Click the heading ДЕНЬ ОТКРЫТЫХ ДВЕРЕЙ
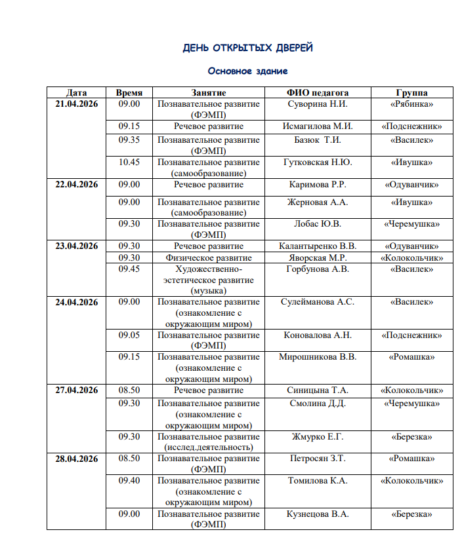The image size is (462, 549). [247, 48]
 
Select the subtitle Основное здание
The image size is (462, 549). [247, 71]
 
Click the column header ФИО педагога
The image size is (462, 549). [318, 93]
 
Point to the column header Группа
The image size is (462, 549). [411, 93]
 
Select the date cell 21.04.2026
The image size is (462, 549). [76, 104]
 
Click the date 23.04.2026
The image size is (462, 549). [76, 246]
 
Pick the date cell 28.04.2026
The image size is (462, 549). [76, 459]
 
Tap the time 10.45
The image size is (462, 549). [129, 162]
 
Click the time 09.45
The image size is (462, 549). [129, 269]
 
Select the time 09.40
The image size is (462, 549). [129, 481]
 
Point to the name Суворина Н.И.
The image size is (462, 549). [318, 104]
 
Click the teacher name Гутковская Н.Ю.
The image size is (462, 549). [318, 162]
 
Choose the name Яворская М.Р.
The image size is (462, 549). [318, 257]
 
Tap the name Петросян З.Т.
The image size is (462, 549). [318, 459]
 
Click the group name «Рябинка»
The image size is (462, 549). [411, 104]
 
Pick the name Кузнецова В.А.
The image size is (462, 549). [318, 514]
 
